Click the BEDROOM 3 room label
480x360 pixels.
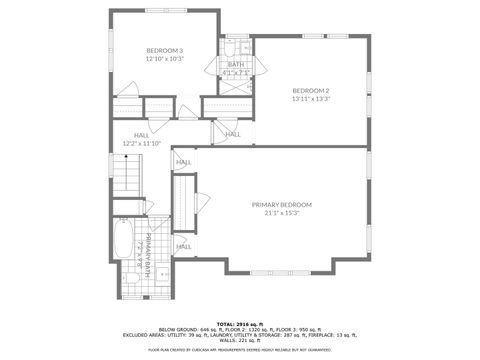point(165,50)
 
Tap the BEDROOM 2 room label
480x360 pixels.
point(310,91)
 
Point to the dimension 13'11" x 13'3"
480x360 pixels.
point(310,99)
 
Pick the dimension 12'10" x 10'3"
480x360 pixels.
point(165,58)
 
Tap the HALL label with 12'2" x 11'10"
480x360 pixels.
point(141,136)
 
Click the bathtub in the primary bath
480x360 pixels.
point(121,246)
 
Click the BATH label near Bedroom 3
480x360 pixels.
point(236,64)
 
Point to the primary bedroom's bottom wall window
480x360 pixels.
point(277,272)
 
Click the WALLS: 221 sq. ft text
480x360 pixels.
point(240,341)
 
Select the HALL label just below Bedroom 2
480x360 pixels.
point(233,134)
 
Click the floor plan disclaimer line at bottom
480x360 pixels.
point(240,350)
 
